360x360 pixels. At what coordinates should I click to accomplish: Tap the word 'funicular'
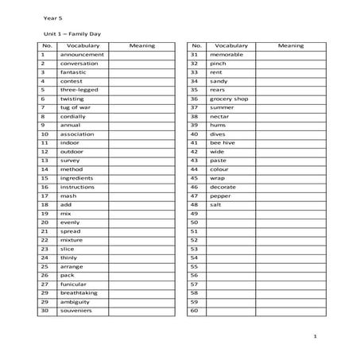[75, 284]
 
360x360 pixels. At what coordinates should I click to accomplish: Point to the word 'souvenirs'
[76, 310]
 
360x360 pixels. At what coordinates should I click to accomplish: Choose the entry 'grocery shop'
[229, 99]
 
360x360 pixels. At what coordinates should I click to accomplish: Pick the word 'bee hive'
[223, 142]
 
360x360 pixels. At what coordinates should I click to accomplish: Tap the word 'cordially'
[73, 116]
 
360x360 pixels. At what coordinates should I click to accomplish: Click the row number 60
[193, 310]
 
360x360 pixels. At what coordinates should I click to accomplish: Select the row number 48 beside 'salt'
[193, 204]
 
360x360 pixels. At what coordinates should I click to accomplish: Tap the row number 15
[45, 178]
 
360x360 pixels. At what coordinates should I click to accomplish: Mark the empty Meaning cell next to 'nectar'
[290, 116]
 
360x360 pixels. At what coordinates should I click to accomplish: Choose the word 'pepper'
[220, 195]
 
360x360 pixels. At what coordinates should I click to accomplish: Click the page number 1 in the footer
[315, 337]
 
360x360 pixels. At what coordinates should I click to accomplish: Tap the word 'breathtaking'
[79, 292]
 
